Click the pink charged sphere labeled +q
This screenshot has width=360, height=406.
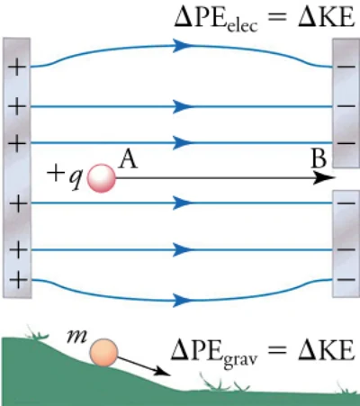[102, 178]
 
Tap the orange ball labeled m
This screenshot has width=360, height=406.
[103, 353]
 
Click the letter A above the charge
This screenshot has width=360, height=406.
[128, 159]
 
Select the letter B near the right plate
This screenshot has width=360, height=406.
[319, 158]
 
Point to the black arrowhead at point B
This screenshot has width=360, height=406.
[324, 178]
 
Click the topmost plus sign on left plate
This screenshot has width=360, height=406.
[16, 67]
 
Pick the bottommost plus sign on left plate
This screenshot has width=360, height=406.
[18, 280]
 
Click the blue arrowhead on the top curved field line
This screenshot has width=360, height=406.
[182, 46]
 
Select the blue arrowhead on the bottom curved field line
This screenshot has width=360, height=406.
[182, 300]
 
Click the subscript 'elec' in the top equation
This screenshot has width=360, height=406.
[242, 26]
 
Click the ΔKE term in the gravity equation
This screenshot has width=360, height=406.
[327, 350]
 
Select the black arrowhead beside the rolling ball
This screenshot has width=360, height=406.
[162, 372]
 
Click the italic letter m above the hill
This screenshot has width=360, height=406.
[77, 337]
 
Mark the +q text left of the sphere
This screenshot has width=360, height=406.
[65, 176]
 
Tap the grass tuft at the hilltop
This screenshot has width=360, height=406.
[37, 332]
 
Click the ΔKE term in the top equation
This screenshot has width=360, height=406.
[327, 17]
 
